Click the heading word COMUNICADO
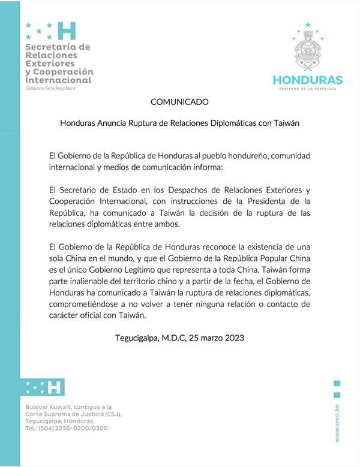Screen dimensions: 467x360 (x=179, y=102)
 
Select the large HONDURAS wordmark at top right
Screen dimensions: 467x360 (x=308, y=80)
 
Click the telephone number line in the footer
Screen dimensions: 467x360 (x=67, y=429)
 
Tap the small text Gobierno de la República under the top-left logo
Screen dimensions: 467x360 (x=50, y=88)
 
